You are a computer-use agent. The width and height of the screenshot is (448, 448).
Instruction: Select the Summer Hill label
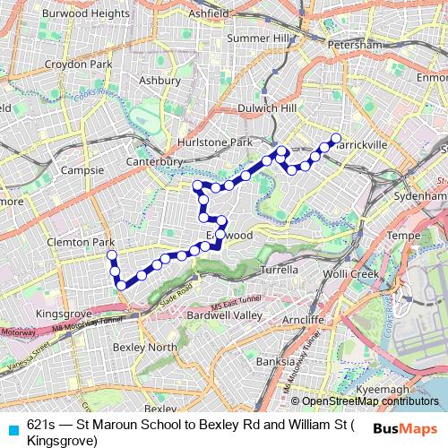coord(258,38)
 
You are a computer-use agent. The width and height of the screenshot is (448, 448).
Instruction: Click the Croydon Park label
coord(80,65)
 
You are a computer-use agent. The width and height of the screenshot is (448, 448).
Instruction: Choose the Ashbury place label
coord(161,80)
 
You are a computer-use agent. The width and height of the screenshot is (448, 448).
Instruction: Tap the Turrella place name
coord(278,269)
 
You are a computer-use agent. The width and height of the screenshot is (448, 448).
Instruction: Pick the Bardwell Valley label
coord(224,314)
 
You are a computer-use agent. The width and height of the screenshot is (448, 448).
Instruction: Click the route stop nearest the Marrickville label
coord(336,138)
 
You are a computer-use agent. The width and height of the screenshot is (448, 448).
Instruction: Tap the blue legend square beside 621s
coord(12,428)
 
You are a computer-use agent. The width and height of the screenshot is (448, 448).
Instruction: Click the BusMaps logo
coord(407,428)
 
